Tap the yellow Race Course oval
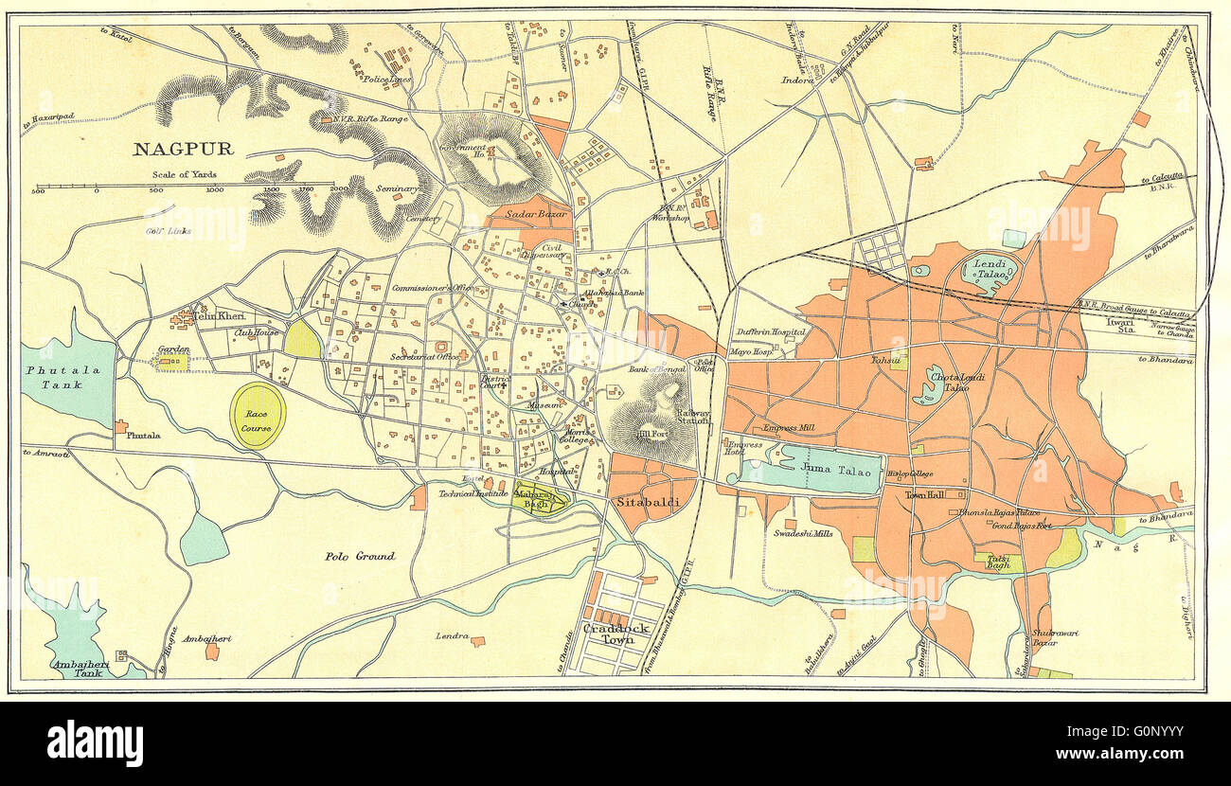[258, 416]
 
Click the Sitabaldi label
[647, 502]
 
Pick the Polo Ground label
[359, 556]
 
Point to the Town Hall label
[926, 494]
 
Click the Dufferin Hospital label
[772, 332]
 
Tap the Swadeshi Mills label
[803, 534]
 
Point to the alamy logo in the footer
[95, 743]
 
